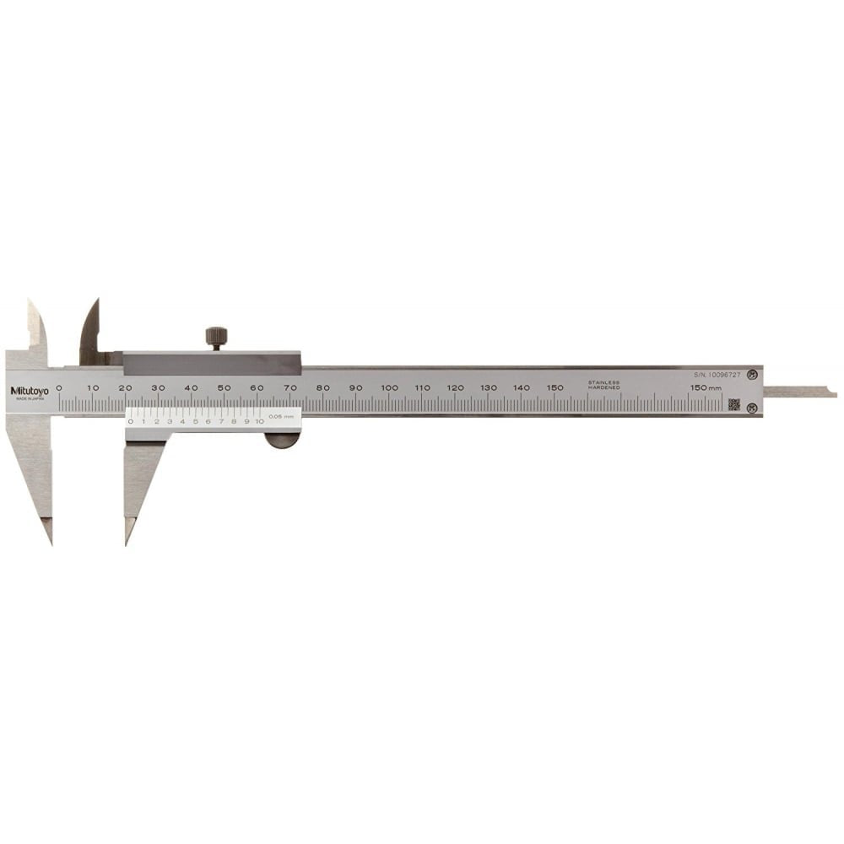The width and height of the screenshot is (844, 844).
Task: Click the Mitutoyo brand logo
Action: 30,390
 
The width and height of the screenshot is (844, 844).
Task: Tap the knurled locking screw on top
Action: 216,337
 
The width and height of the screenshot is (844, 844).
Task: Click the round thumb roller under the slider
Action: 282,440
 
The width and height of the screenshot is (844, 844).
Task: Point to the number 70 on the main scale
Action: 290,387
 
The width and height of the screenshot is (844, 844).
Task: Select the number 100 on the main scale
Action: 389,387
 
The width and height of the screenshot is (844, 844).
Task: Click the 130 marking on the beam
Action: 489,387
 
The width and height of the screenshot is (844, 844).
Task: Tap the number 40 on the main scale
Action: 192,387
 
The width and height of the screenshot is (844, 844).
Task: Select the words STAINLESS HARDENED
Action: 604,385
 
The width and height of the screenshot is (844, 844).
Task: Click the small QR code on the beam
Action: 734,404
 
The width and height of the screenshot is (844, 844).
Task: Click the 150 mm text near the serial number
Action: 706,387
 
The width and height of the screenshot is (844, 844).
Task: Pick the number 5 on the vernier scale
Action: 195,420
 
